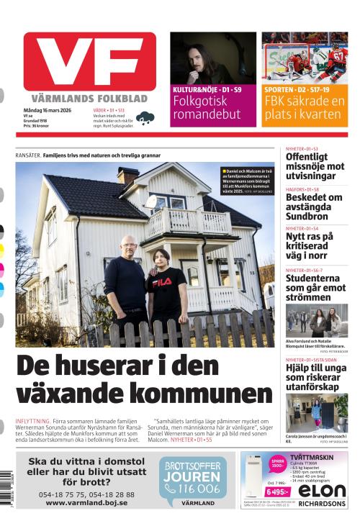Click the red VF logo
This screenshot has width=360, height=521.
(89, 62)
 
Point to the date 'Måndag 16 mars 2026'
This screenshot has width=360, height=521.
(45, 109)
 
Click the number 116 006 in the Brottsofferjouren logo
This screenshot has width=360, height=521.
(201, 488)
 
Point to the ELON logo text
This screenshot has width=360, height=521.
(321, 491)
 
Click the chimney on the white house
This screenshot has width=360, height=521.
(127, 175)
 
